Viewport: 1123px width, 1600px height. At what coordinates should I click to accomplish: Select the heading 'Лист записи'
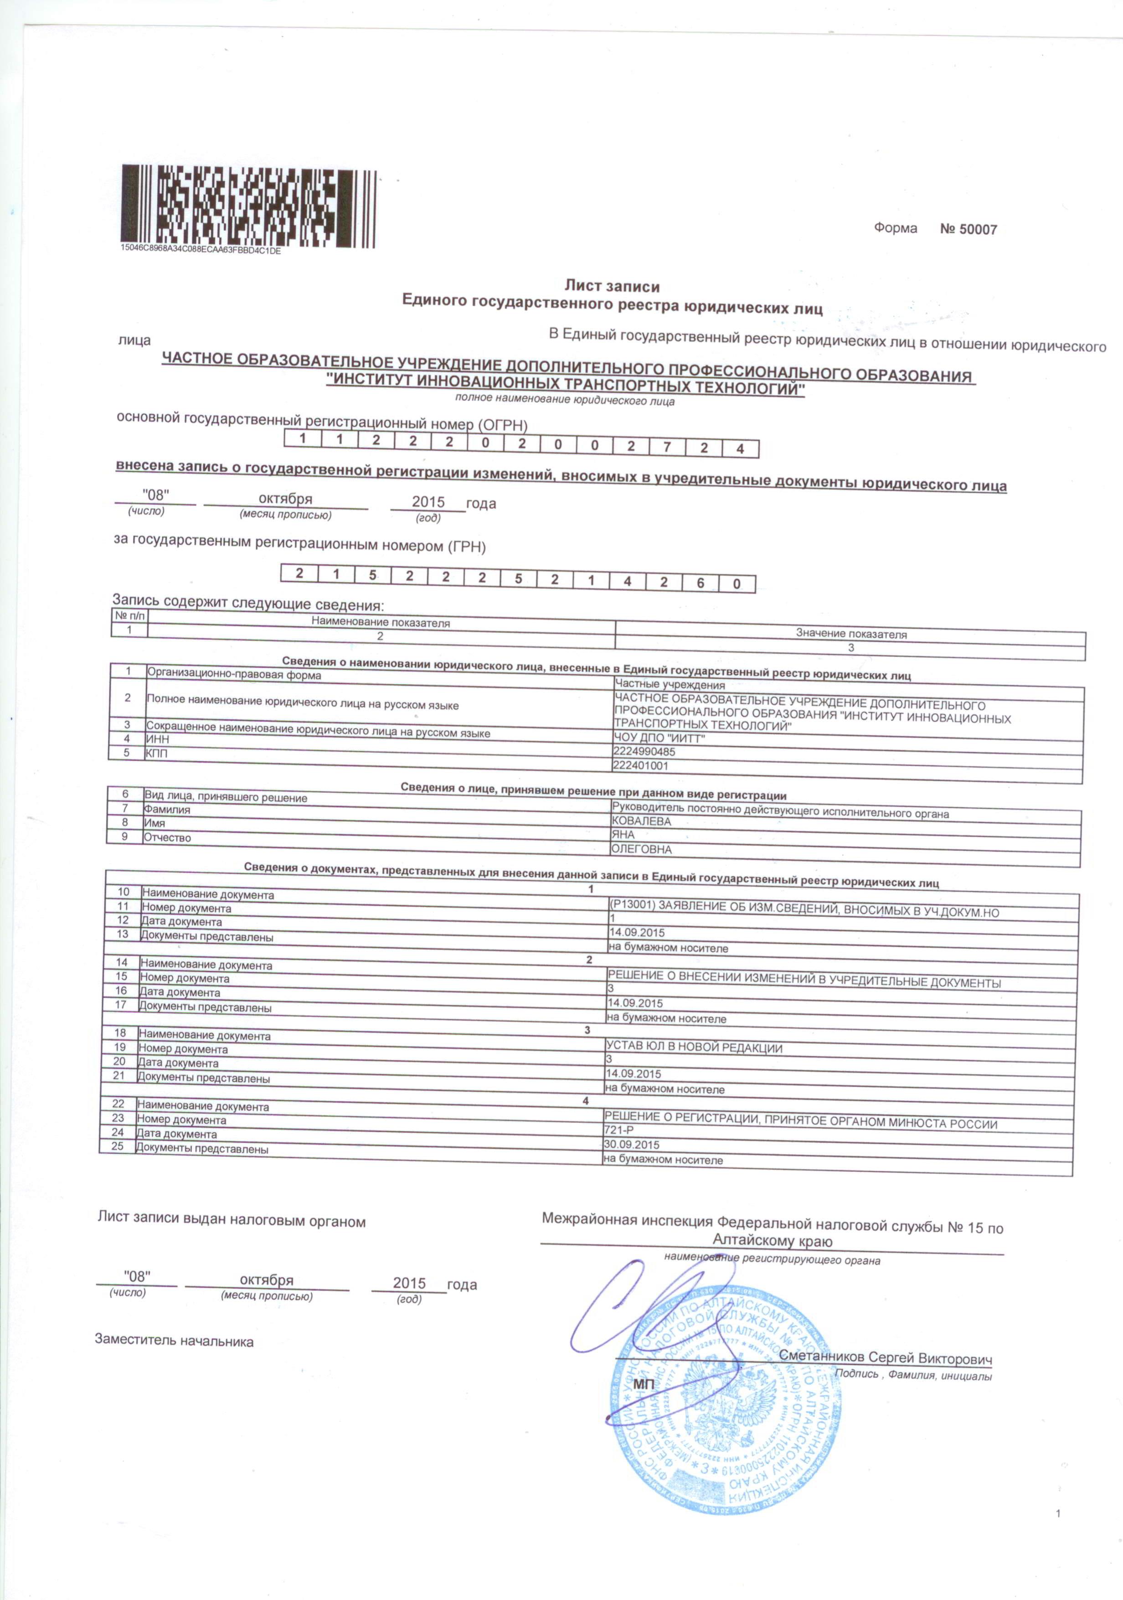(x=612, y=285)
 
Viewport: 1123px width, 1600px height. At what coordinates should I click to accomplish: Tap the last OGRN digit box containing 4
(x=740, y=449)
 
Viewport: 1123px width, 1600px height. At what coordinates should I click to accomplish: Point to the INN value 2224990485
(x=644, y=752)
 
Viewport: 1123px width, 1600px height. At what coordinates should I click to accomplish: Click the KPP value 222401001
(x=640, y=765)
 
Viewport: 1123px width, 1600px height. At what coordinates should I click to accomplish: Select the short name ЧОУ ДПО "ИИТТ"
(x=654, y=738)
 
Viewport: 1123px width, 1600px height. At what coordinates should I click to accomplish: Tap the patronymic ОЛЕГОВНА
(x=640, y=850)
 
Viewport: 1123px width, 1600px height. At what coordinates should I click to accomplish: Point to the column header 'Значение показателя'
(x=850, y=634)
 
